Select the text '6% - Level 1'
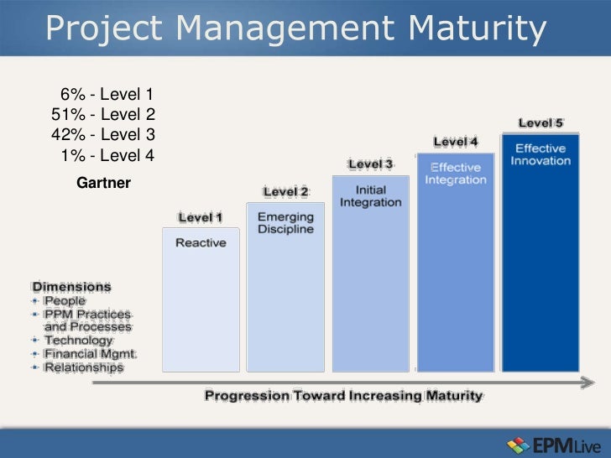[107, 94]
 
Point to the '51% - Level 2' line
[104, 114]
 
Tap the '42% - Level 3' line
[104, 134]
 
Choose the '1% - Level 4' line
[107, 155]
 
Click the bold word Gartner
[103, 182]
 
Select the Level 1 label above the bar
[200, 218]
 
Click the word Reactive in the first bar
[200, 242]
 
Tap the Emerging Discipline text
[285, 223]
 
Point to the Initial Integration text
[370, 196]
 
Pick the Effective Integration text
[455, 174]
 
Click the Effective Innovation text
[540, 154]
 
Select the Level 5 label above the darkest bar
[540, 123]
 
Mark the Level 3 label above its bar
[370, 164]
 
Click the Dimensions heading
[71, 285]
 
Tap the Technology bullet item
[77, 341]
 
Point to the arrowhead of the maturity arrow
[587, 382]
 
